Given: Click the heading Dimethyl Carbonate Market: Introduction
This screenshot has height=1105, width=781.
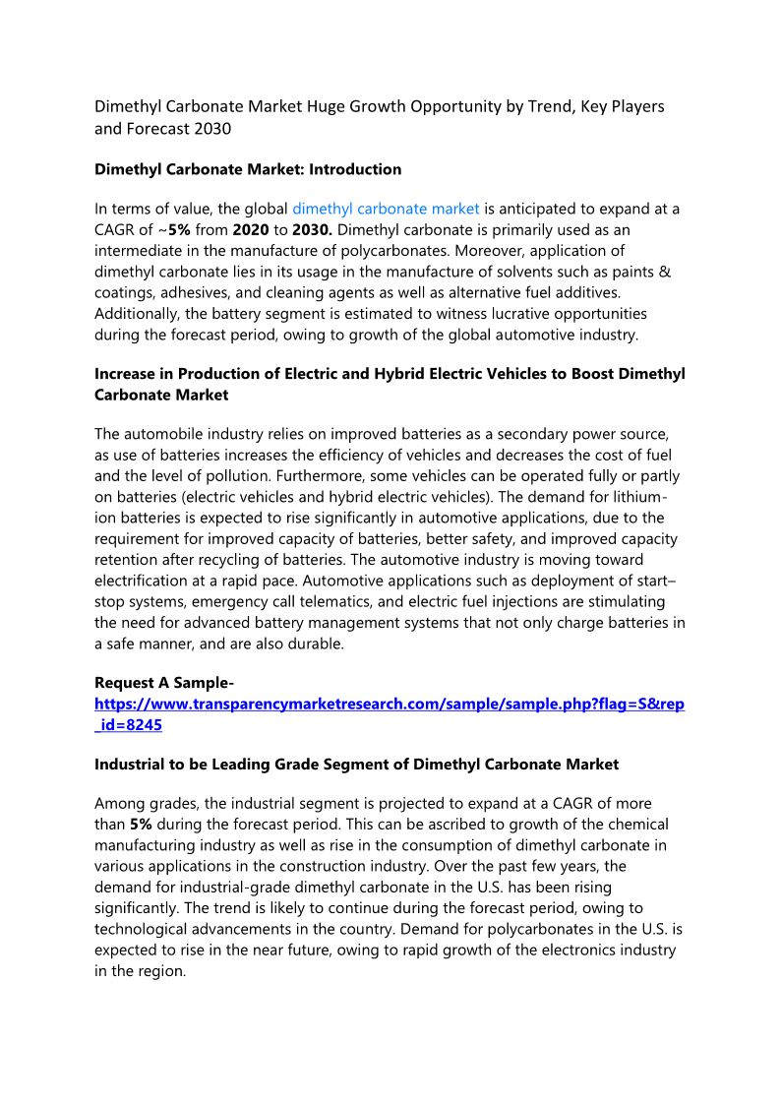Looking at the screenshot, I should [248, 169].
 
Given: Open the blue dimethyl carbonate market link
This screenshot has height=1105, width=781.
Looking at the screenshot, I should [386, 209].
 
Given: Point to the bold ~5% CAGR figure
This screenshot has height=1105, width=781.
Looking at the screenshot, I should [177, 229].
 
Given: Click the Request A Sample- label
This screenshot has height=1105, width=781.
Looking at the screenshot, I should [164, 683].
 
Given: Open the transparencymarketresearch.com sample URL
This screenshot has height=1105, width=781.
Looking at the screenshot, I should [390, 705].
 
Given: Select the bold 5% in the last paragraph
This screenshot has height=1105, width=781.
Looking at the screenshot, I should [141, 825].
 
